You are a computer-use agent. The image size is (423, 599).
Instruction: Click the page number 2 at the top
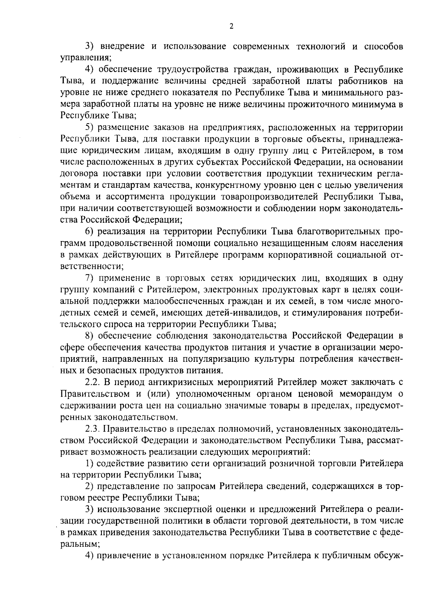[231, 26]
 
